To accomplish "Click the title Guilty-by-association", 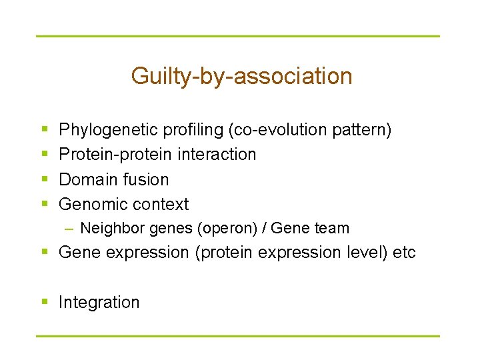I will click(x=241, y=76).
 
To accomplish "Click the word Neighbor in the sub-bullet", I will click(x=104, y=228).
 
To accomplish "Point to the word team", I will click(x=331, y=228).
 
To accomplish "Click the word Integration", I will click(x=99, y=303).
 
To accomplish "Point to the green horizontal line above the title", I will click(x=238, y=36).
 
